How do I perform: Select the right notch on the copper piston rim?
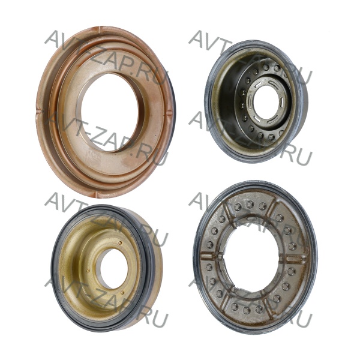click(x=169, y=113)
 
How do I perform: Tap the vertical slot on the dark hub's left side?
click(x=248, y=101)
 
